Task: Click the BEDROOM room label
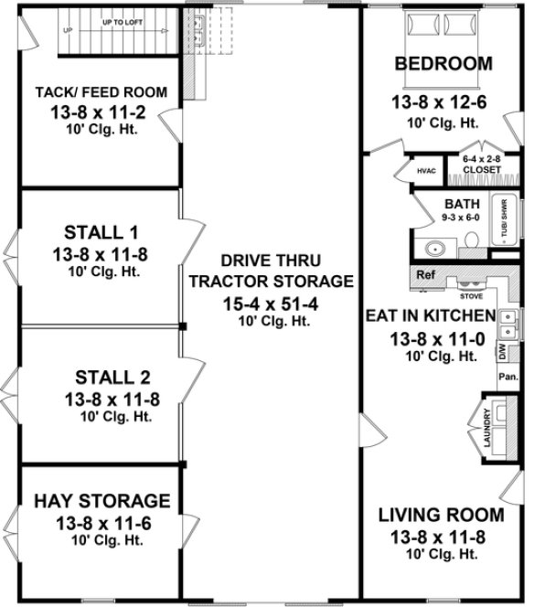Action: (443, 64)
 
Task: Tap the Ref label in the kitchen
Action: (425, 274)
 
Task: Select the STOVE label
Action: (470, 296)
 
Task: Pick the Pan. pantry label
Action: (507, 376)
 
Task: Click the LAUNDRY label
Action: (486, 427)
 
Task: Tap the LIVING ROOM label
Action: (441, 514)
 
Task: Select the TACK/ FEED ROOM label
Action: (101, 92)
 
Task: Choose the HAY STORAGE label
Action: (102, 501)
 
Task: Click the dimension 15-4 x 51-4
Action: (271, 302)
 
